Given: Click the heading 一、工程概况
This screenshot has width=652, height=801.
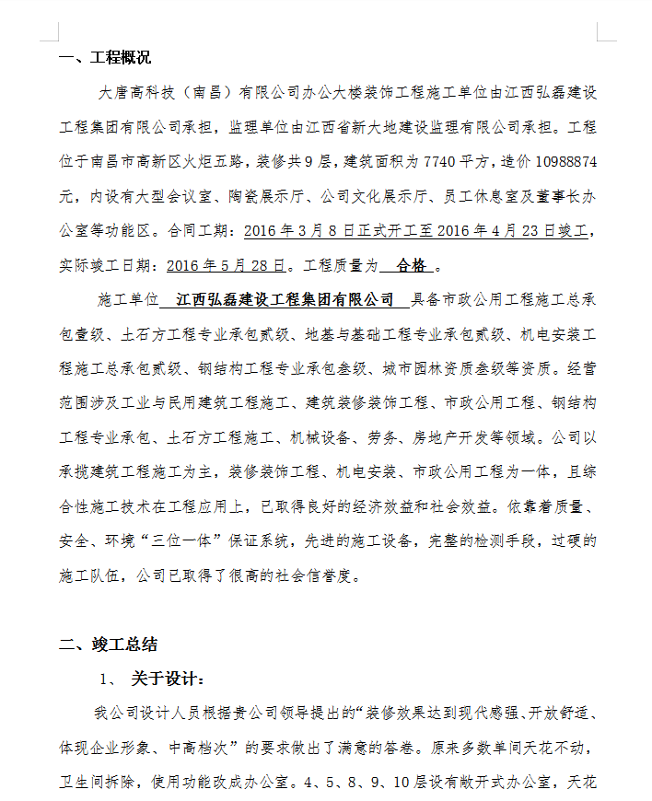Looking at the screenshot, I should [105, 59].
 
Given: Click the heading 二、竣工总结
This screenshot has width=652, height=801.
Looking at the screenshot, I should [105, 644].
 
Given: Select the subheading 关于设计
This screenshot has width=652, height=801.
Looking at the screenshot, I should [168, 679].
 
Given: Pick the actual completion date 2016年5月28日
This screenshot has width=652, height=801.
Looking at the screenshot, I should [227, 266].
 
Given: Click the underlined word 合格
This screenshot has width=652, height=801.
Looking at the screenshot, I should [411, 266].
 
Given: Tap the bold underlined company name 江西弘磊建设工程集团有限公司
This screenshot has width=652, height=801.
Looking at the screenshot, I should [285, 300].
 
